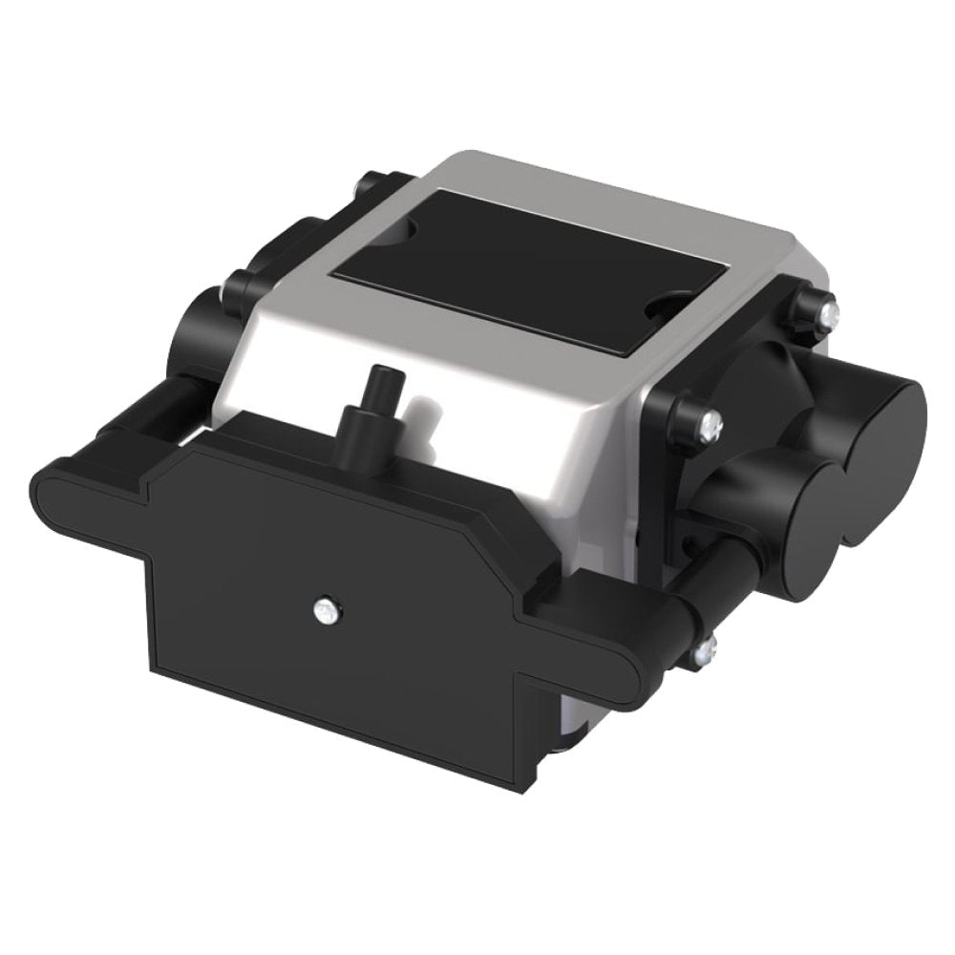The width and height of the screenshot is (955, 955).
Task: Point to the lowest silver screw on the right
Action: click(x=705, y=651)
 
